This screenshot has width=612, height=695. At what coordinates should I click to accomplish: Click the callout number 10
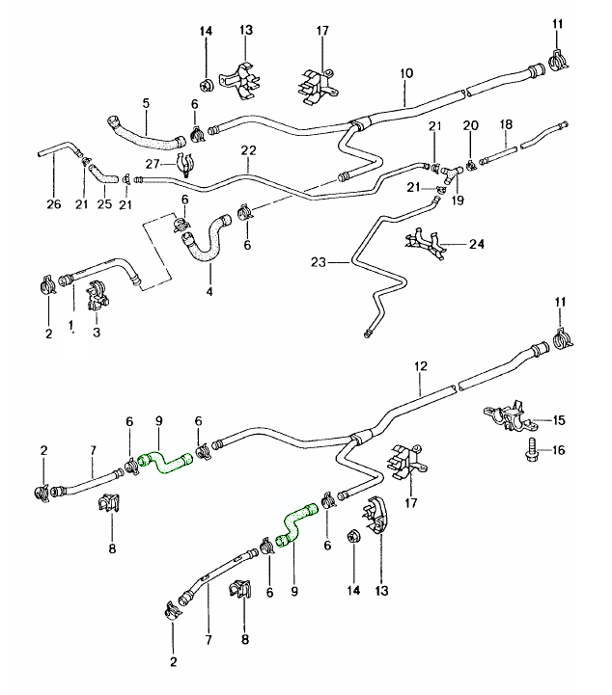click(x=406, y=73)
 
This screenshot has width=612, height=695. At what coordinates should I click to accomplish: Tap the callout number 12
click(x=420, y=366)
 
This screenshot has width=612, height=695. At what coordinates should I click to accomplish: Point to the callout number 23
click(x=320, y=261)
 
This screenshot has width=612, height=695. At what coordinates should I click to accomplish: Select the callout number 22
click(x=248, y=151)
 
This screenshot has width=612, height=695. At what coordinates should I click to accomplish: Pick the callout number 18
click(x=504, y=125)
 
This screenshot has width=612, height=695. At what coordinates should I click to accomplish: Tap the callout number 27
click(x=152, y=164)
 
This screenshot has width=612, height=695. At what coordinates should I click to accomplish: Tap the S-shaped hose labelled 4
click(x=205, y=242)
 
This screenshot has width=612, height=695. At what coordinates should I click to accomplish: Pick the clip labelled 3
click(x=97, y=295)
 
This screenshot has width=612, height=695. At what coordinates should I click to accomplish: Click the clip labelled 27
click(x=184, y=166)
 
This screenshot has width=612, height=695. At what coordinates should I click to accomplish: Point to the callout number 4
click(x=209, y=290)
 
